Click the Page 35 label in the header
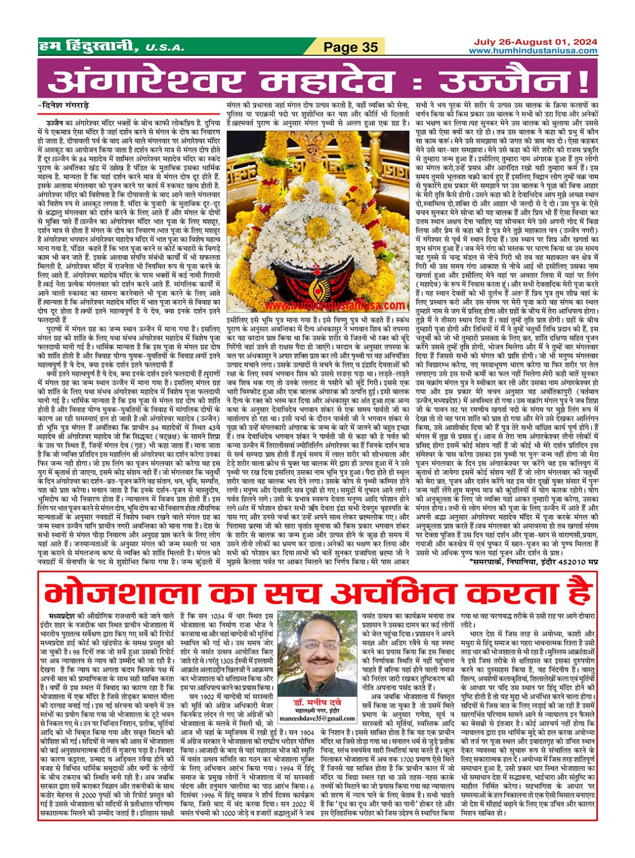pos(351,47)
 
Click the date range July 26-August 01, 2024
pos(535,42)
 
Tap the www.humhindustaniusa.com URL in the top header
pos(533,51)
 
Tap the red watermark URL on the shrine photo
pos(335,306)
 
